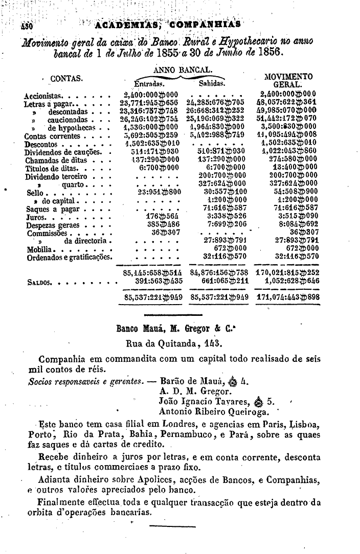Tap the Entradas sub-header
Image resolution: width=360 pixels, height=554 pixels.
pyautogui.click(x=149, y=83)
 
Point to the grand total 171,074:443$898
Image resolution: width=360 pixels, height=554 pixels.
pyautogui.click(x=287, y=297)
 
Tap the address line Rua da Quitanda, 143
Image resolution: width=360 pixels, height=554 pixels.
pyautogui.click(x=174, y=343)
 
